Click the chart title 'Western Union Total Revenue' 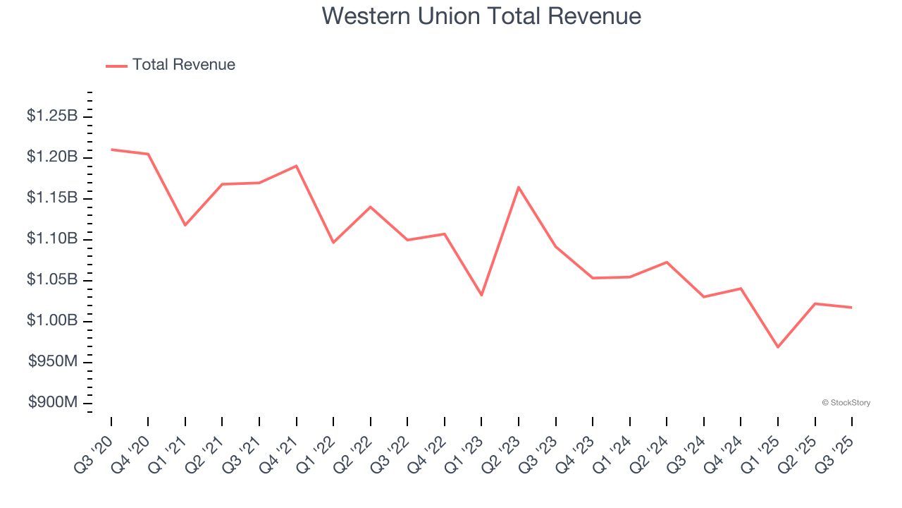(481, 16)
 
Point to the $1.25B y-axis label (52, 116)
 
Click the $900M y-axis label (53, 403)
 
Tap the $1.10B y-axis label (52, 239)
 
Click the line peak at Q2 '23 (519, 187)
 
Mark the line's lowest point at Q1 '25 (778, 347)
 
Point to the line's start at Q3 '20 (111, 150)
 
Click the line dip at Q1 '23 (481, 295)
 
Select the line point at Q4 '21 (296, 166)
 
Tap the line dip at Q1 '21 (185, 225)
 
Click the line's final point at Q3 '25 (852, 308)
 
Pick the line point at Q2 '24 (667, 262)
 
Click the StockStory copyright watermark (846, 403)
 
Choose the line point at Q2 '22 (370, 207)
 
